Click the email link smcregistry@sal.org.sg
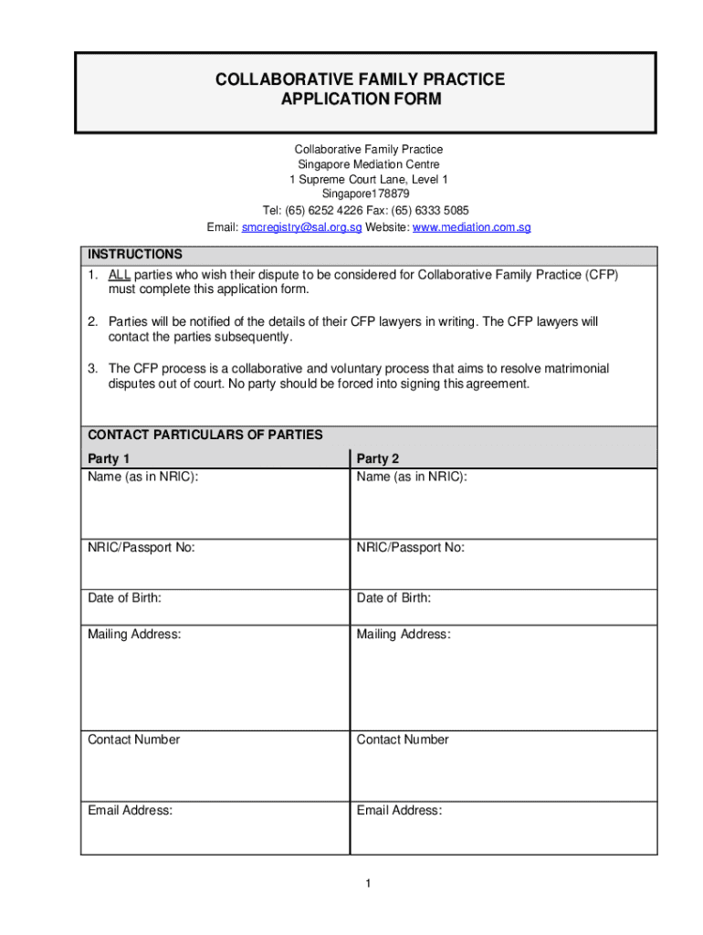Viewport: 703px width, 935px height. click(301, 226)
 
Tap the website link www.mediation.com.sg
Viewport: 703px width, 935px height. click(471, 226)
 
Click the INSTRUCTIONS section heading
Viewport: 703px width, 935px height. click(134, 255)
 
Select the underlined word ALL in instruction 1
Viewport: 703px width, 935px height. click(120, 275)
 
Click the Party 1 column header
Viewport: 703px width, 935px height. click(109, 458)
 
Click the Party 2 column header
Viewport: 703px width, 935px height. click(378, 458)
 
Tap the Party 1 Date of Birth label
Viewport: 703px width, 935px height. click(124, 598)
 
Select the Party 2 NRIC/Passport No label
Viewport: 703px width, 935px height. click(410, 548)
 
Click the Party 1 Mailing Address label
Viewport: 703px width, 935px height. click(133, 634)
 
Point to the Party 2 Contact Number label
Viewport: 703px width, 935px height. click(403, 740)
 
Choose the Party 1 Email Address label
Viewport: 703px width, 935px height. click(130, 810)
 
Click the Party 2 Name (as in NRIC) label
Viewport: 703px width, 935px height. click(412, 477)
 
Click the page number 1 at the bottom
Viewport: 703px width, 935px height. click(366, 883)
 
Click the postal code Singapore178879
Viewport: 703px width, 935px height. click(365, 194)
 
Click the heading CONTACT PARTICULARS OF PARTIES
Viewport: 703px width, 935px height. click(205, 435)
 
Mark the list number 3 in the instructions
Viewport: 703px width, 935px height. click(92, 368)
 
